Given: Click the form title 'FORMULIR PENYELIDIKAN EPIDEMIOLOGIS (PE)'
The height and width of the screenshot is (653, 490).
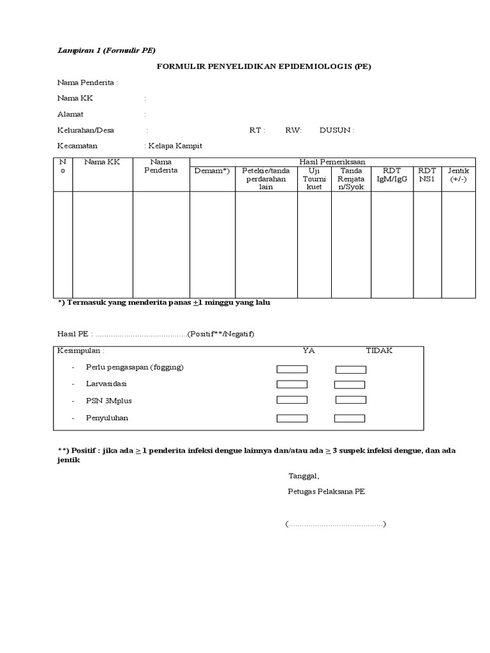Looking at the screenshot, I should (264, 66).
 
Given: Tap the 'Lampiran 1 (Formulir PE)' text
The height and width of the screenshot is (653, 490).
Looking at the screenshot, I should (107, 50).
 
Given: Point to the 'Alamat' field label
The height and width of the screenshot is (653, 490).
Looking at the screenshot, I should (71, 114).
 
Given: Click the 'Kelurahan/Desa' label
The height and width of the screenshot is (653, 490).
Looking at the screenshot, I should (86, 130).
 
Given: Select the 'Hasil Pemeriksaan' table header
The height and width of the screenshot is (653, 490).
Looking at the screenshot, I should (332, 162).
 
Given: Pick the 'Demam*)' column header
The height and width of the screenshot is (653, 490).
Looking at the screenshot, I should (212, 171).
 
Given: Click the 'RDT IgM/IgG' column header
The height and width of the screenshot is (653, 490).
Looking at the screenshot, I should (392, 175).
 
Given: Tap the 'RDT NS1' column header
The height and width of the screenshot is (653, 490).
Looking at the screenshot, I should (427, 175).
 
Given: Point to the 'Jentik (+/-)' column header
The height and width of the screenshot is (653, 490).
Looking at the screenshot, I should (458, 175).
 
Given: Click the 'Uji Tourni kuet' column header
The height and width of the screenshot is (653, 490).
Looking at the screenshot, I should (314, 179).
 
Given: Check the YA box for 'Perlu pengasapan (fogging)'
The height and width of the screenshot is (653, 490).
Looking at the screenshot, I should (292, 369).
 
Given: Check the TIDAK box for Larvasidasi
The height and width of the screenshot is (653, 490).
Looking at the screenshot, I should (350, 385).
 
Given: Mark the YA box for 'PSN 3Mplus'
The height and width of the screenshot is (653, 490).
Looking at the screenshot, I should (292, 400).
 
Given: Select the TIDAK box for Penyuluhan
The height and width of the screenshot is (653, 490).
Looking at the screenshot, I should (350, 418).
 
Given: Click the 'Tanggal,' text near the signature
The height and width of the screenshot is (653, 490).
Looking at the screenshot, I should (304, 476).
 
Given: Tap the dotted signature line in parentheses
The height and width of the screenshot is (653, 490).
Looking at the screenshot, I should (336, 524).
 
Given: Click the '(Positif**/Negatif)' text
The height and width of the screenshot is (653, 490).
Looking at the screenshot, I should (221, 334).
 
